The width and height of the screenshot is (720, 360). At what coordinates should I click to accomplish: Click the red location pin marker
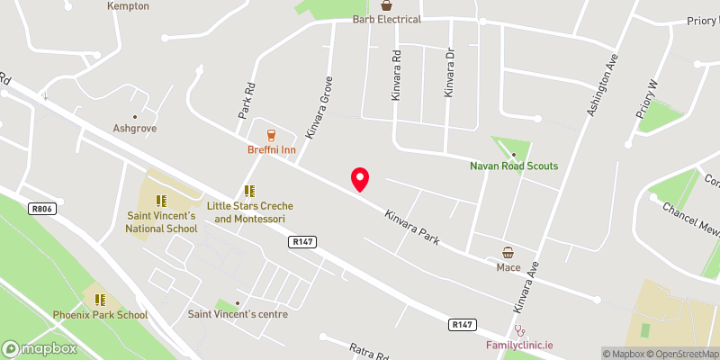coord(360,179)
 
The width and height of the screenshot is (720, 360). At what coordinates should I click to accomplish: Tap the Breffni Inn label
coord(271,149)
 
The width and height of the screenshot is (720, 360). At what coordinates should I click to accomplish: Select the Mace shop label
coord(508,267)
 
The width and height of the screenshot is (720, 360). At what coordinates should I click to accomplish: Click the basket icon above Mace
coord(508,253)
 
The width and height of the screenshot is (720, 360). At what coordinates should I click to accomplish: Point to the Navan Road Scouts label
coord(514,166)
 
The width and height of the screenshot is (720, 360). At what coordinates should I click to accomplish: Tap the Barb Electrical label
coord(387,19)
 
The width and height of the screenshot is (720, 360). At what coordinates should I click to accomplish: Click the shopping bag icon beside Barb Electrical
coord(387,5)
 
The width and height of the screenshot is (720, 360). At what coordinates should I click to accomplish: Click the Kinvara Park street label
coord(411,229)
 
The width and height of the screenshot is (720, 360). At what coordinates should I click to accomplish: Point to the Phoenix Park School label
coord(100,315)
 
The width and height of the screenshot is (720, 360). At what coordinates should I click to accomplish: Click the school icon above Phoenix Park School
coord(100,299)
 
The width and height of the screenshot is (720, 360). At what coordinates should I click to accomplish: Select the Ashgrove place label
coord(135,129)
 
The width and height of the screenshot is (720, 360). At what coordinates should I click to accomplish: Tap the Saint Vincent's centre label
coord(238,314)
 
